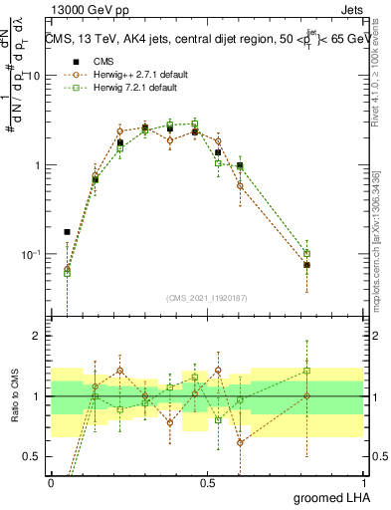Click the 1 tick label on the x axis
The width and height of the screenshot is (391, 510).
pos(363,481)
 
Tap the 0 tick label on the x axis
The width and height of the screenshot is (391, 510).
pos(51,481)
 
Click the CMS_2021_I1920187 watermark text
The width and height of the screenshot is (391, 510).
pos(206,298)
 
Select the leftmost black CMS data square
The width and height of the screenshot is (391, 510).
pos(67,232)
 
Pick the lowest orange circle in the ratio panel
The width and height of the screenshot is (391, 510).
pos(241,442)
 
